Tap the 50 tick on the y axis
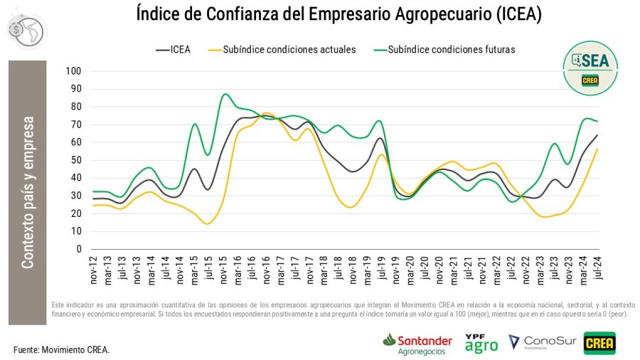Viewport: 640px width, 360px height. (75, 160)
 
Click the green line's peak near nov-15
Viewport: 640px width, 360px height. (225, 94)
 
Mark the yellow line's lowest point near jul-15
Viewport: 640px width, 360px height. (208, 224)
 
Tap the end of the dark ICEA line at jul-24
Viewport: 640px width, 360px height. (596, 135)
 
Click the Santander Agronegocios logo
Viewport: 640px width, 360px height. (417, 344)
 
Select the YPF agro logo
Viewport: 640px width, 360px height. (481, 343)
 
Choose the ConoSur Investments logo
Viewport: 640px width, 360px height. (538, 343)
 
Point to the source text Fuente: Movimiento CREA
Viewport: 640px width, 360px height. (62, 350)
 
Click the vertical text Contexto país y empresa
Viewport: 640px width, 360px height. (27, 193)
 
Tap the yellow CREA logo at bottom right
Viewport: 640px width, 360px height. (599, 343)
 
